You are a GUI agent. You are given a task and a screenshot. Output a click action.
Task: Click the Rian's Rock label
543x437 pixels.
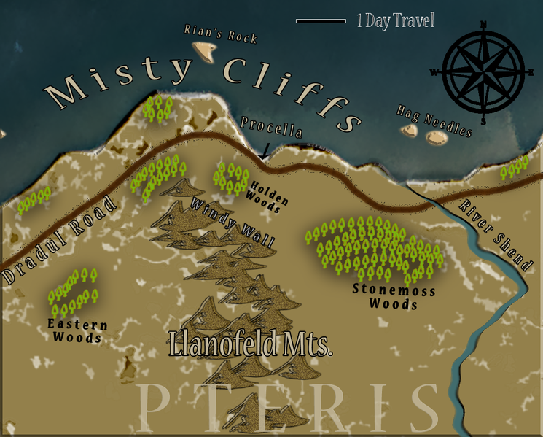pyautogui.click(x=221, y=34)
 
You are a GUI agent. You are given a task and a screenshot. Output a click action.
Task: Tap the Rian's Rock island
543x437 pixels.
pyautogui.click(x=205, y=51)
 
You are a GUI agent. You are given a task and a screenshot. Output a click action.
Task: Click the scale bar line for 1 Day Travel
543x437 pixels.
pyautogui.click(x=321, y=21)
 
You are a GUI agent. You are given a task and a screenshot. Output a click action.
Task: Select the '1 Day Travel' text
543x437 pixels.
pyautogui.click(x=395, y=20)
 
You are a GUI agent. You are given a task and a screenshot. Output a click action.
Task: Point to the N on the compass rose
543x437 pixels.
pyautogui.click(x=484, y=24)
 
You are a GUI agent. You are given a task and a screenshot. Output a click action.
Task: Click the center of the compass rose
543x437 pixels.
pyautogui.click(x=484, y=72)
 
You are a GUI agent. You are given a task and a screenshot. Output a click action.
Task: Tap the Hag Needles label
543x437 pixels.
pyautogui.click(x=434, y=120)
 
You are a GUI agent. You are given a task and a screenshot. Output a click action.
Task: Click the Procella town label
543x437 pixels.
pyautogui.click(x=272, y=128)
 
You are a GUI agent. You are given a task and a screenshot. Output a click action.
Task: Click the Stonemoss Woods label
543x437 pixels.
pyautogui.click(x=394, y=296)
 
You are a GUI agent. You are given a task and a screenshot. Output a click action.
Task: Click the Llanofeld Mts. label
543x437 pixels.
pyautogui.click(x=250, y=344)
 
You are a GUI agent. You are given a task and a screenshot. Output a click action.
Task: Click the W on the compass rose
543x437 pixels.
pyautogui.click(x=434, y=71)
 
